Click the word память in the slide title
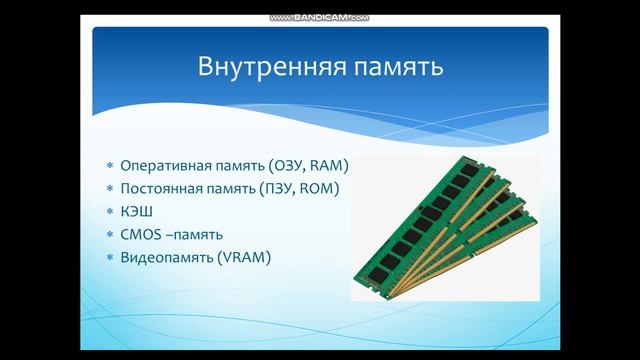tap(386, 68)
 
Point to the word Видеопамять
tap(162, 257)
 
